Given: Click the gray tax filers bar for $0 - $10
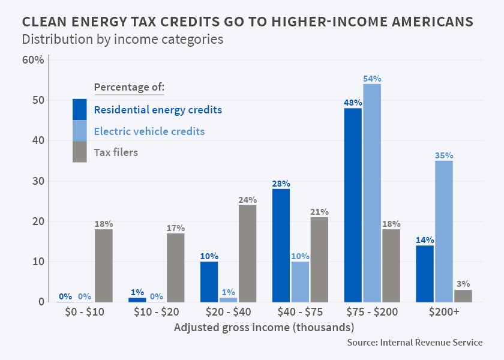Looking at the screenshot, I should tap(104, 265).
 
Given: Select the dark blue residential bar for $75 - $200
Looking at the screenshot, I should tap(353, 205).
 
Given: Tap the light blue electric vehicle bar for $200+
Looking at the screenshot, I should tap(444, 231).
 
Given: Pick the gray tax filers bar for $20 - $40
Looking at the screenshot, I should tap(247, 253).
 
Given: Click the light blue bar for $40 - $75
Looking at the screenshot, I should tap(299, 281).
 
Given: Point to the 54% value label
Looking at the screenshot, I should tap(372, 79).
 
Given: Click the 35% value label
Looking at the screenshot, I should tap(444, 155).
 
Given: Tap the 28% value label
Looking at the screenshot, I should tap(281, 184).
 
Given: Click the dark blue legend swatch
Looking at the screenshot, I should tap(80, 109).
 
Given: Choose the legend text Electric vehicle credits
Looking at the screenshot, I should tap(149, 131).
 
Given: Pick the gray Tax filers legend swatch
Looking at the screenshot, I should tap(80, 152).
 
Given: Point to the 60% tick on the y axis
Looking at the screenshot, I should tap(33, 60).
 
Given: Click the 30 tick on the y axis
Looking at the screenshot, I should tap(37, 181).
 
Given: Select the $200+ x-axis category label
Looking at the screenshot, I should tap(445, 312).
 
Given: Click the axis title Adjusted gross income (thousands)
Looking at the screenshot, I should tap(264, 328).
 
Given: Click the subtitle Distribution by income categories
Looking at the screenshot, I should tap(122, 40).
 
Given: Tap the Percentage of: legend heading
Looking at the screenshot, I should tap(129, 88).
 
